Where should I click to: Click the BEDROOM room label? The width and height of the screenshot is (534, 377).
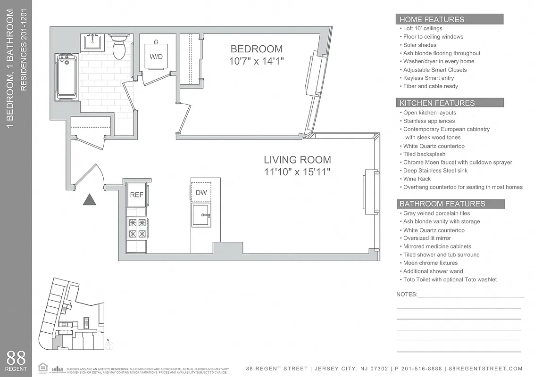click(x=256, y=49)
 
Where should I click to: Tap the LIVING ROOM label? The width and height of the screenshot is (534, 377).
click(x=297, y=160)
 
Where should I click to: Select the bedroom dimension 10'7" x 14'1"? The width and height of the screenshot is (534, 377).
click(x=256, y=61)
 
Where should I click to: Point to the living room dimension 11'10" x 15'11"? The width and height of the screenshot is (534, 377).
click(x=297, y=172)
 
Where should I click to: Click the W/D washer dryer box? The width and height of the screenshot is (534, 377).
click(x=156, y=57)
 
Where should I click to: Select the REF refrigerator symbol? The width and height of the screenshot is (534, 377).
click(x=136, y=195)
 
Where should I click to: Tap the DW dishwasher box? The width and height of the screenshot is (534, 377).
click(x=201, y=192)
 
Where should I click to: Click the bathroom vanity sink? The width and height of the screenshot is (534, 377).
click(x=94, y=42)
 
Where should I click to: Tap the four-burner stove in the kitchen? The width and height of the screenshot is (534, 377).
click(x=137, y=228)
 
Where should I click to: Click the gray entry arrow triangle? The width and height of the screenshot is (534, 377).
click(x=90, y=200)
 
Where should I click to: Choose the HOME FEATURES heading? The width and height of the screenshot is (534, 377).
click(x=432, y=19)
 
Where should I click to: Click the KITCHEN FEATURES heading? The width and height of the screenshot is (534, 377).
click(x=437, y=103)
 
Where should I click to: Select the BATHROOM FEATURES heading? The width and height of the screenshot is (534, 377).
click(x=442, y=204)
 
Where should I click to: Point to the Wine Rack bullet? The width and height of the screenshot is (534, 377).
click(x=417, y=179)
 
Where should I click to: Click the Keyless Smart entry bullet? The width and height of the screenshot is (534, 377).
click(x=428, y=78)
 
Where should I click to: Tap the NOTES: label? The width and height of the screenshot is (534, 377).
click(x=407, y=295)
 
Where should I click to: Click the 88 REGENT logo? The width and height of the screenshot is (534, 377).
click(x=16, y=361)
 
